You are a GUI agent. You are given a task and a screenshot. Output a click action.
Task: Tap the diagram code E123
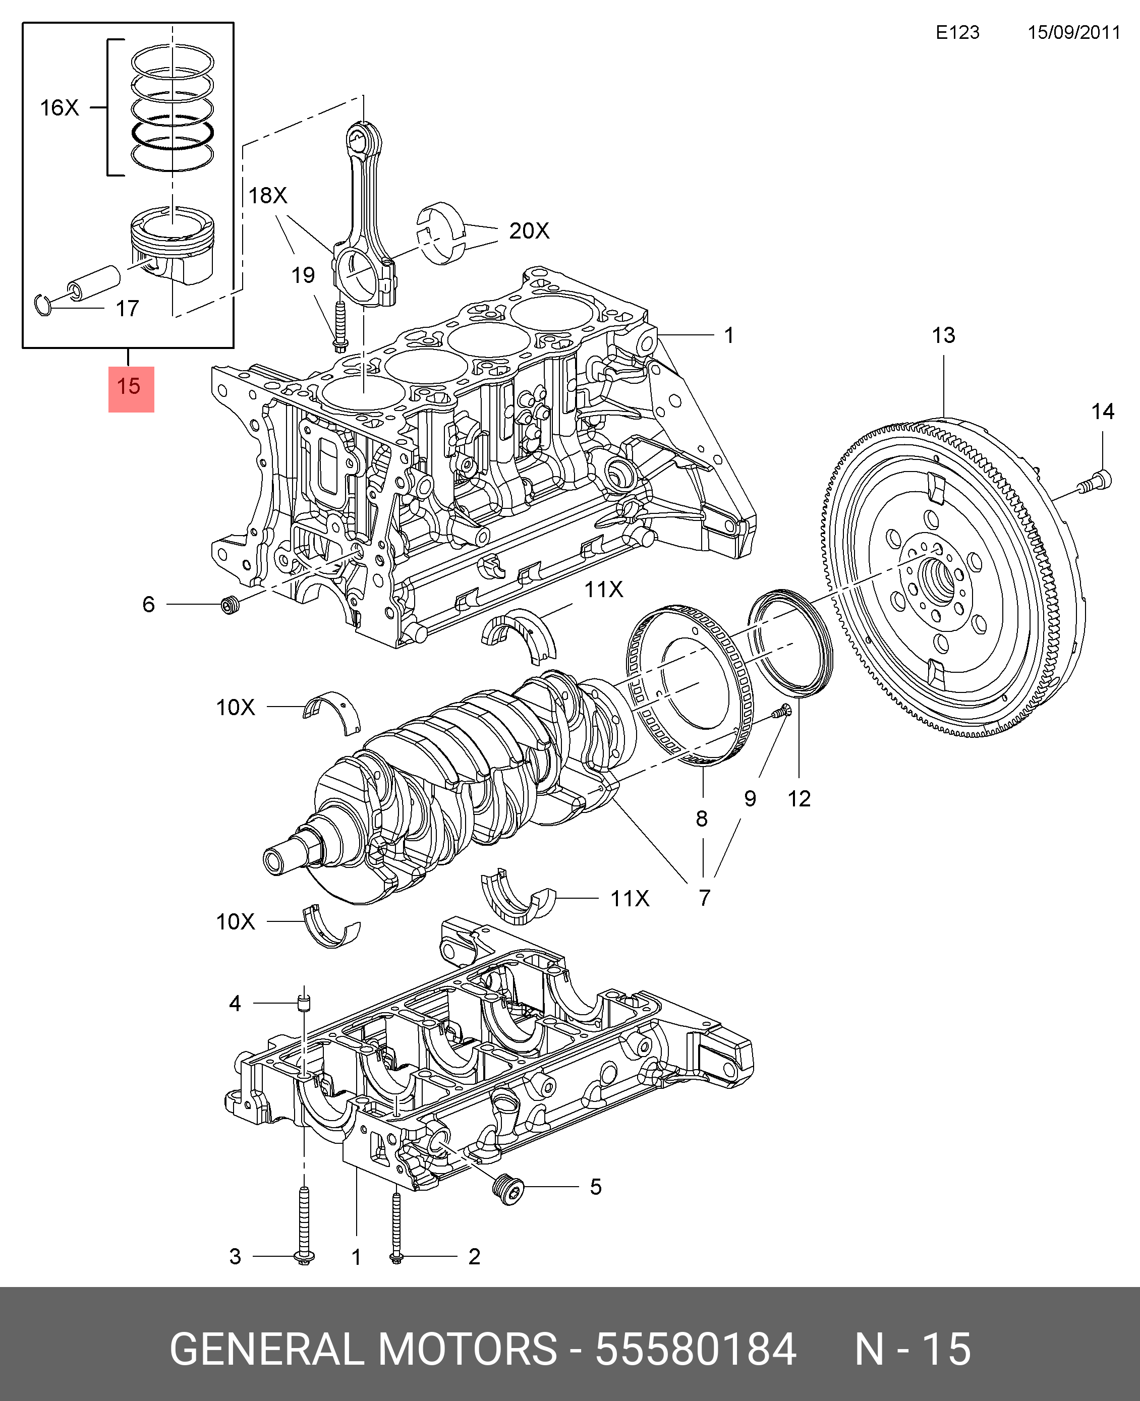click(957, 33)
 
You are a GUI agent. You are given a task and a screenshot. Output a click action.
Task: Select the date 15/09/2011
click(1073, 33)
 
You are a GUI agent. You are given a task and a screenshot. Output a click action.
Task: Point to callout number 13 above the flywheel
click(943, 335)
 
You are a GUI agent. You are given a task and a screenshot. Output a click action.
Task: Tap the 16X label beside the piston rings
click(59, 107)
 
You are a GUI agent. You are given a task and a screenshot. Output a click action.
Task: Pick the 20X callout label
click(529, 231)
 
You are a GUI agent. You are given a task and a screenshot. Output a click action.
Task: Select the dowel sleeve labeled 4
click(303, 1003)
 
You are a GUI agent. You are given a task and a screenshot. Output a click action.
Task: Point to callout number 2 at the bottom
click(474, 1257)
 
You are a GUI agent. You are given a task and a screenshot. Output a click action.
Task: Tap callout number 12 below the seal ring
click(799, 799)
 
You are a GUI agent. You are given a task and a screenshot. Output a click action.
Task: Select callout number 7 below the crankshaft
click(704, 898)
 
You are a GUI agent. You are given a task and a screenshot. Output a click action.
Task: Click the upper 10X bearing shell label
click(235, 707)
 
